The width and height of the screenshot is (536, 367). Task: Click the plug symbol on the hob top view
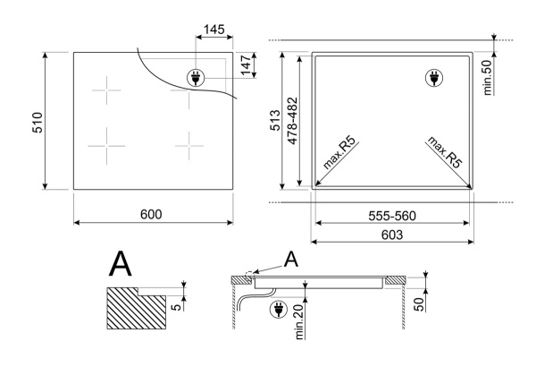(195, 77)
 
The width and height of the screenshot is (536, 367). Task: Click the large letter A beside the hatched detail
(122, 266)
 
